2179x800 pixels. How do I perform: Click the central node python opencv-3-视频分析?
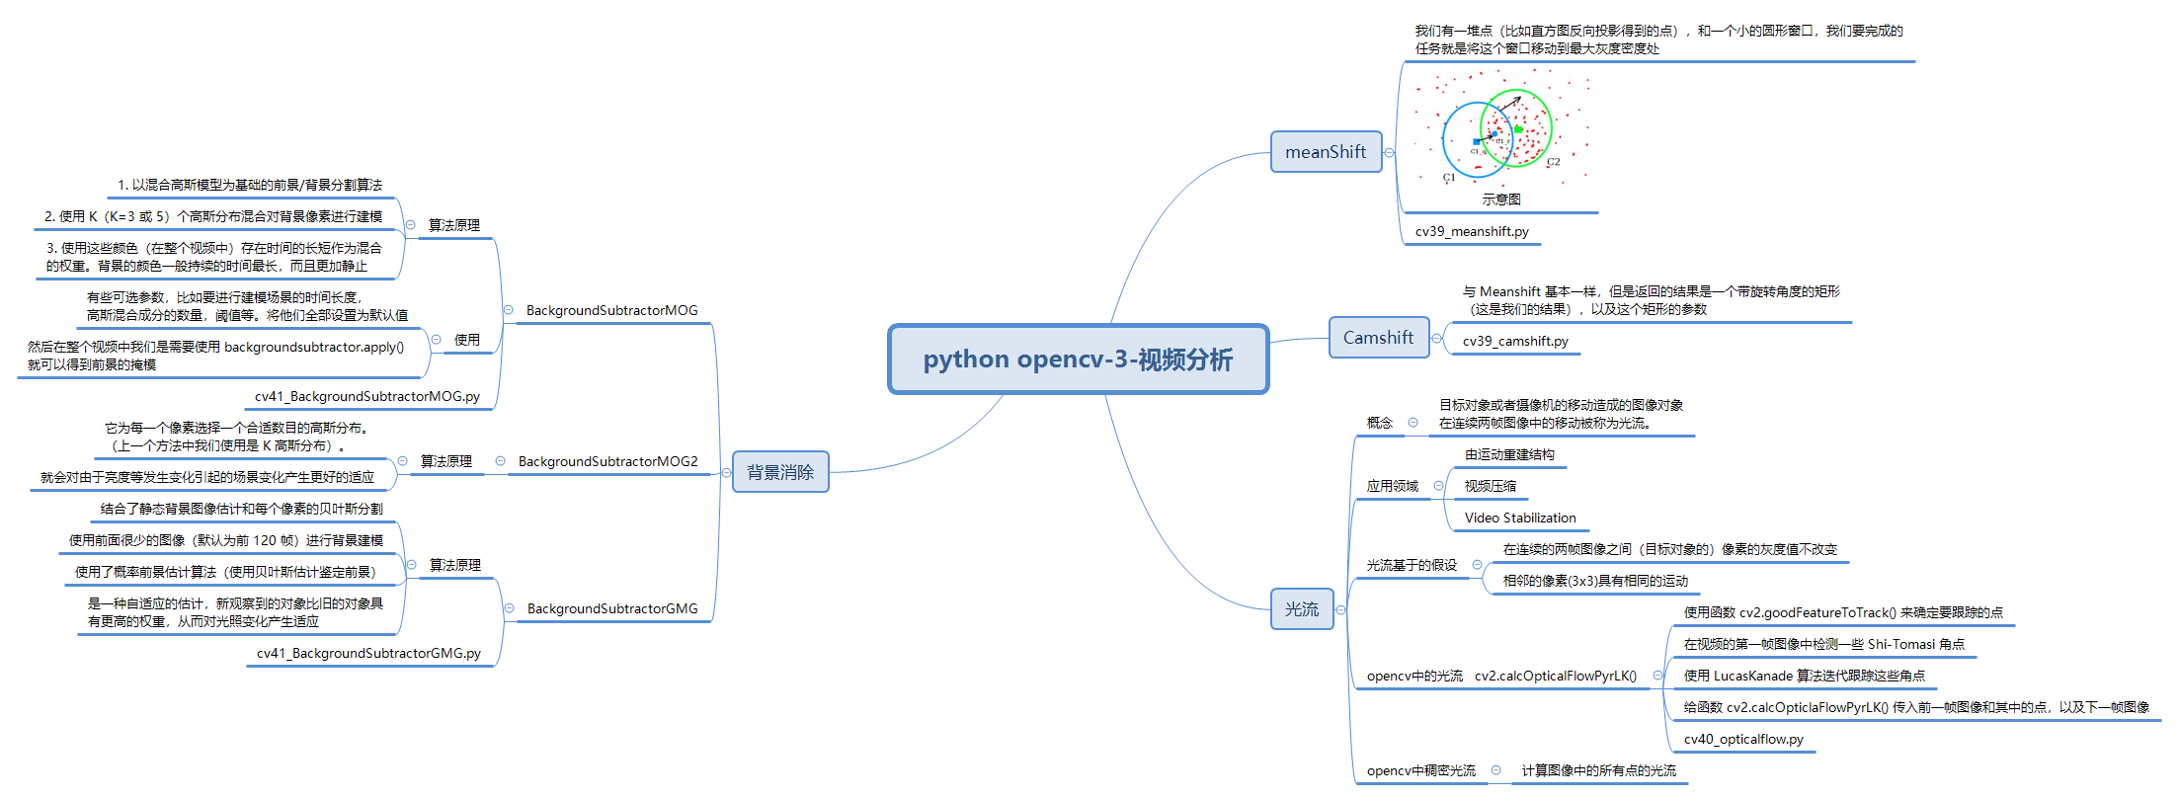click(1078, 360)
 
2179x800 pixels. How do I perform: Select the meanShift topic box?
click(1326, 152)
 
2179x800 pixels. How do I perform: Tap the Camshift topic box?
click(1378, 338)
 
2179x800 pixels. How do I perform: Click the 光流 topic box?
click(1301, 609)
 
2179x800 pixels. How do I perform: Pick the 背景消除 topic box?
click(780, 472)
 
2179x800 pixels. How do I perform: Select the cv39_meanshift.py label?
click(1472, 232)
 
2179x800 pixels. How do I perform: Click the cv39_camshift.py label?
click(1515, 342)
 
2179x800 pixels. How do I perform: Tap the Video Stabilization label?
click(1520, 519)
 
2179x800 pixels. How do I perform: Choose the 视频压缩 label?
click(1490, 487)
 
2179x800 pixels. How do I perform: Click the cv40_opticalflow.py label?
click(1743, 740)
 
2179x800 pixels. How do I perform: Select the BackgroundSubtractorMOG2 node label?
click(607, 462)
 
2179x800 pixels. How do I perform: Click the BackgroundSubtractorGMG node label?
click(612, 609)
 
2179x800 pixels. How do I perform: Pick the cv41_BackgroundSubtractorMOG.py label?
click(367, 397)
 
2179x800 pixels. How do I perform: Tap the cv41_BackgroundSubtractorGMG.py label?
click(368, 654)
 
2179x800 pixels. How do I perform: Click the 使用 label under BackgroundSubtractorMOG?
click(467, 340)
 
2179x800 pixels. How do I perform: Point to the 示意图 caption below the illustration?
click(1500, 200)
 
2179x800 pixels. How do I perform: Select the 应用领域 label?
click(1392, 487)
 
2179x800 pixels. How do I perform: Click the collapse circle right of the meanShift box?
click(1390, 153)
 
